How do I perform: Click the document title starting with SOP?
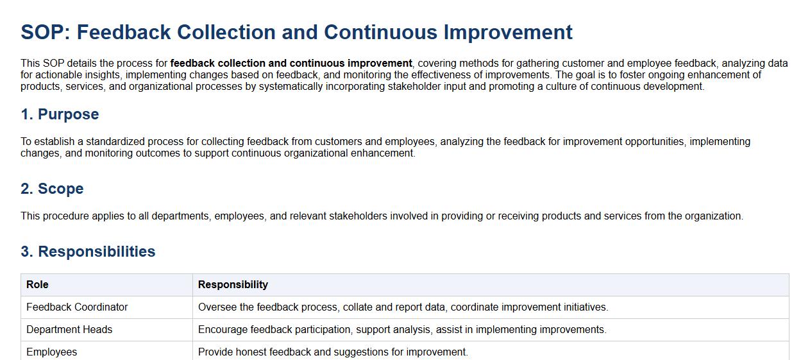[x=296, y=32]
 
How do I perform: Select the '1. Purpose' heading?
[x=60, y=114]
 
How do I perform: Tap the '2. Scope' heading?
[x=52, y=189]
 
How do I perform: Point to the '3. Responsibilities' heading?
[x=88, y=252]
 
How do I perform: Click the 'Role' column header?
[x=37, y=285]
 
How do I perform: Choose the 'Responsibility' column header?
[x=233, y=285]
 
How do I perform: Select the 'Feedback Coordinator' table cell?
[x=77, y=307]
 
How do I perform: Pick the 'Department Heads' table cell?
[x=69, y=330]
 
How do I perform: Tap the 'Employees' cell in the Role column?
[x=52, y=352]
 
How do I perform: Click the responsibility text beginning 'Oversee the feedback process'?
[x=403, y=307]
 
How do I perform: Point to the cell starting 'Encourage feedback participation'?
[x=402, y=330]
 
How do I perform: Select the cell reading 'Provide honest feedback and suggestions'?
[x=333, y=352]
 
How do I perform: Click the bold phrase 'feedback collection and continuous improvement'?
[x=291, y=64]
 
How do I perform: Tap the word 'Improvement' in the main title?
[x=508, y=32]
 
